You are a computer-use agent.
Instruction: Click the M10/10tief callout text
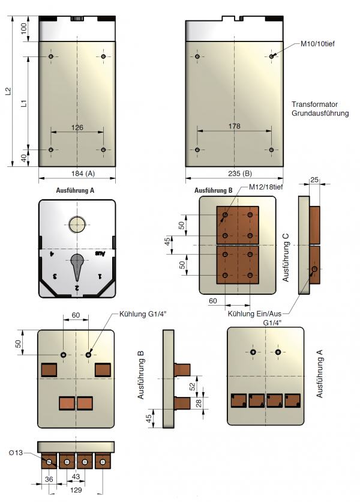tap(320, 44)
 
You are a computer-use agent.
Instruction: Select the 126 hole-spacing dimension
tap(77, 127)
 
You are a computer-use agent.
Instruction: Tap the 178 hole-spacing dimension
tap(235, 126)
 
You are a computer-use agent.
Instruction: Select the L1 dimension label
tap(23, 103)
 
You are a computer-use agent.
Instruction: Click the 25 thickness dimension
tap(314, 180)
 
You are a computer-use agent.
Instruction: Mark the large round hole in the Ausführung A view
tap(77, 225)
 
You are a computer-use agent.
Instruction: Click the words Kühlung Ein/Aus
tap(254, 313)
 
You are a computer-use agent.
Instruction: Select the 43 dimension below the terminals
tap(76, 476)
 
